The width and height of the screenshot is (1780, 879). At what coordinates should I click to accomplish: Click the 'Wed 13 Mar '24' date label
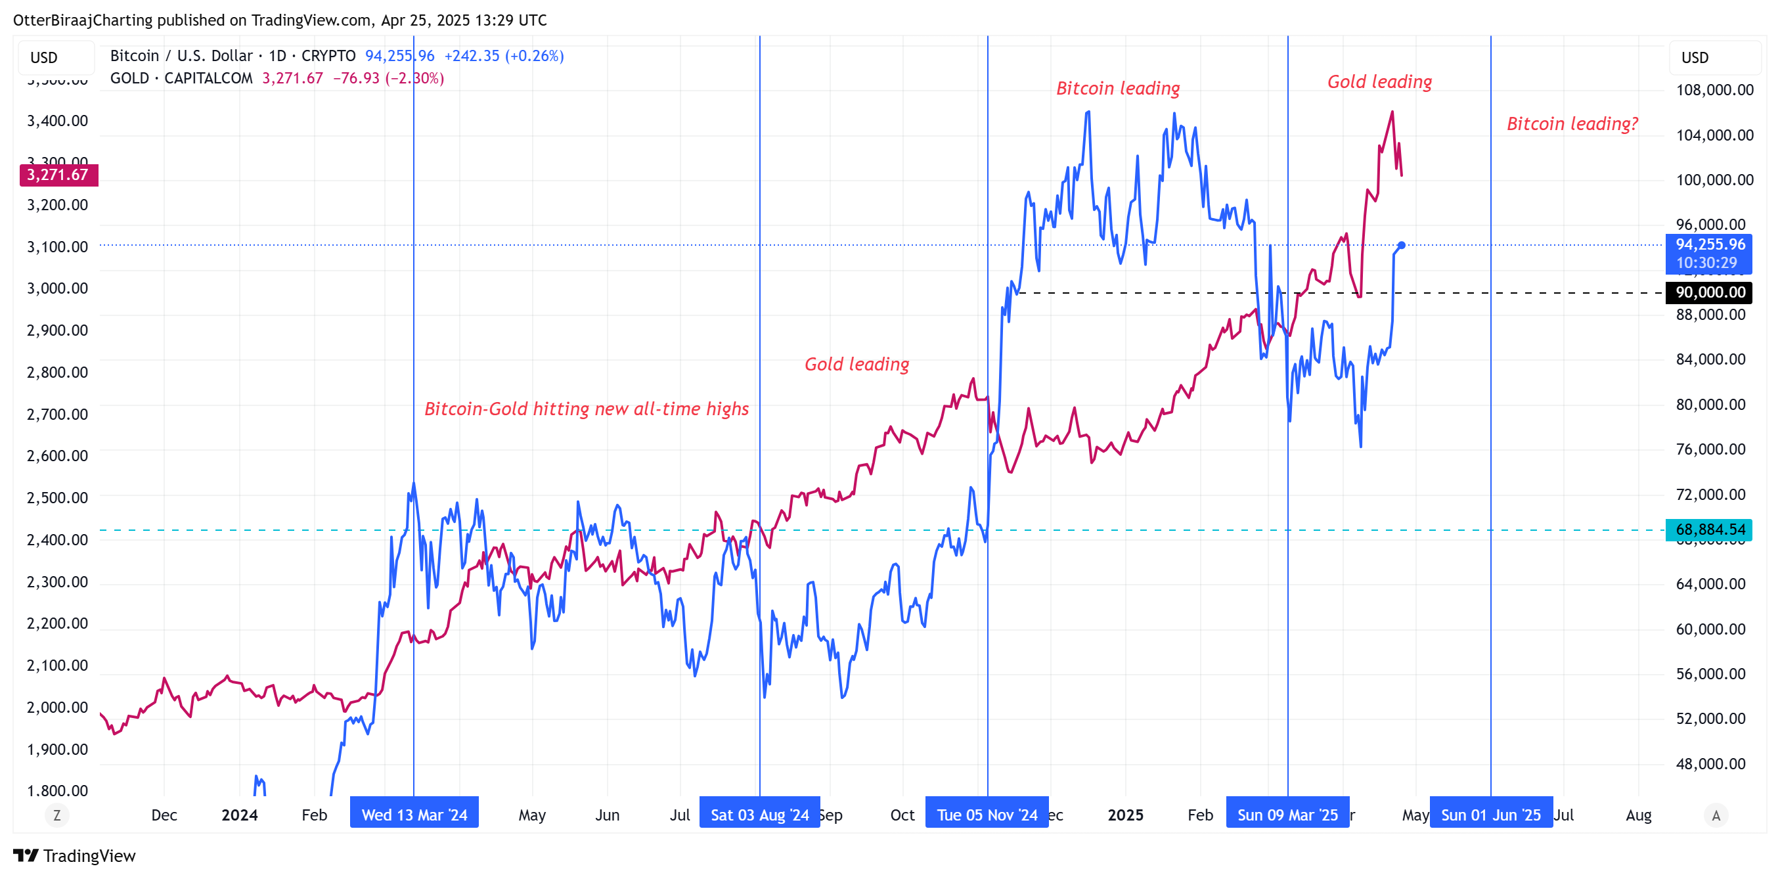point(414,815)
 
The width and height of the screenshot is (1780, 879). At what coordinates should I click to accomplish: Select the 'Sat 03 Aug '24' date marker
point(759,815)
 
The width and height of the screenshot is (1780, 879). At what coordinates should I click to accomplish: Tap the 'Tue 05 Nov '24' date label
point(987,815)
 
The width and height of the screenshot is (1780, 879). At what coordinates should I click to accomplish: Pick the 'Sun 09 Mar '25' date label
point(1287,815)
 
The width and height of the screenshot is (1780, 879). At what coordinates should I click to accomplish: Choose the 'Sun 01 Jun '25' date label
point(1490,815)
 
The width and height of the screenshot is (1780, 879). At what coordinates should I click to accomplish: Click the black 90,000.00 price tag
point(1710,292)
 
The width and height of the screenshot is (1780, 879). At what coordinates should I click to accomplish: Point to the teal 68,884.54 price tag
point(1710,530)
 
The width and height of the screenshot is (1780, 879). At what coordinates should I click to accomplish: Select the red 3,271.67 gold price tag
point(58,175)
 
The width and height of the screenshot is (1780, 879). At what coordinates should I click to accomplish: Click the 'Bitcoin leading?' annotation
point(1572,124)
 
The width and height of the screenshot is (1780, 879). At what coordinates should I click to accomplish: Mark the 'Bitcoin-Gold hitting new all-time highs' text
point(586,409)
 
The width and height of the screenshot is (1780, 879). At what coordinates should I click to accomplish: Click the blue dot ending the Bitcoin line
point(1401,245)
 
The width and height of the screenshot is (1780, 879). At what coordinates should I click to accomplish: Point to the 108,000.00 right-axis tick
point(1714,90)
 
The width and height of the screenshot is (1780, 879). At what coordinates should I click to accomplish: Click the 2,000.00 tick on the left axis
point(57,707)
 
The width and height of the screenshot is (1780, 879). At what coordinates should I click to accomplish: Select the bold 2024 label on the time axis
point(239,815)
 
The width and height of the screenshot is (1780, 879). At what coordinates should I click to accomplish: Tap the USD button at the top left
point(44,57)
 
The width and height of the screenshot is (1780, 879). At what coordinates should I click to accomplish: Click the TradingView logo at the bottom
point(75,855)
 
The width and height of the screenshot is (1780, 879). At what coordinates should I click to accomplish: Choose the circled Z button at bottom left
point(56,815)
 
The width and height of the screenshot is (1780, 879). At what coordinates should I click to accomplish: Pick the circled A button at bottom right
point(1716,815)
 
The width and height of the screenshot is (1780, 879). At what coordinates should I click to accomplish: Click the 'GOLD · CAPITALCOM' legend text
point(181,78)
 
